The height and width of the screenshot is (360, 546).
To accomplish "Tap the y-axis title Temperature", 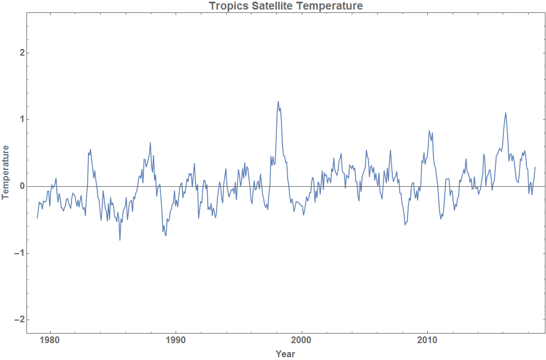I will click(x=6, y=172).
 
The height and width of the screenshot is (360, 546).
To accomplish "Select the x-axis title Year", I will click(x=285, y=354).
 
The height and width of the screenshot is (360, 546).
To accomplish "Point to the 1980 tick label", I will click(x=50, y=340).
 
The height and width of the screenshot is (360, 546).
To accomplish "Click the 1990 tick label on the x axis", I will click(x=176, y=340).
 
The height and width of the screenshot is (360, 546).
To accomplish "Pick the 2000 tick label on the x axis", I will click(x=302, y=340).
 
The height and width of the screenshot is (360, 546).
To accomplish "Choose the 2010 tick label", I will click(x=427, y=340).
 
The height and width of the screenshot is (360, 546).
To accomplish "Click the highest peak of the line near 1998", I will click(x=278, y=102).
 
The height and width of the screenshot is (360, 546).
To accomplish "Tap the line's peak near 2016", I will click(x=505, y=113).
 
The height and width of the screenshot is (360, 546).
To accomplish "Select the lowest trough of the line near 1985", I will click(x=120, y=240).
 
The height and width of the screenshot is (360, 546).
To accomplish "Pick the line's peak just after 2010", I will click(x=429, y=131).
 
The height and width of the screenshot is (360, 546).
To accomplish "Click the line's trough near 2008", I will click(x=405, y=224).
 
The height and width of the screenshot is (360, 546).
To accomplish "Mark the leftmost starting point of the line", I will click(x=37, y=218).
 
